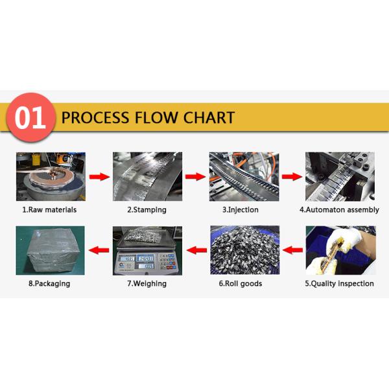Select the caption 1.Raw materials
[49, 209]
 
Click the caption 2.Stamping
[147, 209]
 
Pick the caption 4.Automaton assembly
[339, 209]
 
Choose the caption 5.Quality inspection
[339, 283]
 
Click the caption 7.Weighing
[147, 283]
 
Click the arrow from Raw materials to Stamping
[98, 176]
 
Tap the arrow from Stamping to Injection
[195, 176]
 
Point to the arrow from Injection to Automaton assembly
[292, 176]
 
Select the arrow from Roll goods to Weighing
[195, 249]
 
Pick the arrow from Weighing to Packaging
[98, 249]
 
